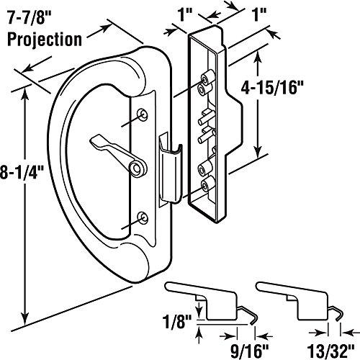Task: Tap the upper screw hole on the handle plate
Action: [142, 114]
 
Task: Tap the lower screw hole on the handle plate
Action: [143, 215]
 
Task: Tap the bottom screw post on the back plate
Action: [207, 185]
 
